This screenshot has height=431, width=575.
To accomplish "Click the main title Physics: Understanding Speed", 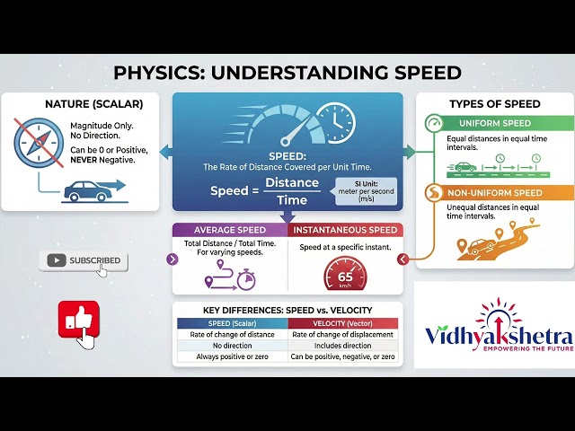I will [x=287, y=73].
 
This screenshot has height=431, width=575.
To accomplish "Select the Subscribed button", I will [x=84, y=260].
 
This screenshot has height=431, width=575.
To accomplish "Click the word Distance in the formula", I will [x=292, y=183].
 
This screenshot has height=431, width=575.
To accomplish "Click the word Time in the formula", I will [x=292, y=199].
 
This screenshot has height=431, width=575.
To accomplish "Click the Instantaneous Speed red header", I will [x=345, y=230].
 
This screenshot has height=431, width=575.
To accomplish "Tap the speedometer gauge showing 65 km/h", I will [x=344, y=276].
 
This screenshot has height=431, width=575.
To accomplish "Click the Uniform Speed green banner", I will [x=491, y=123].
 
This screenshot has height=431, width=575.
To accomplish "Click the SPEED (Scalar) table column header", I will [x=230, y=323].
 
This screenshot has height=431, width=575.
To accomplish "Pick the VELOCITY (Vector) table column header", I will [x=342, y=323].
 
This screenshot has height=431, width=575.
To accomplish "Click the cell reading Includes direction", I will [x=342, y=346].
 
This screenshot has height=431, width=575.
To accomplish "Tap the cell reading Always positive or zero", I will [x=230, y=356].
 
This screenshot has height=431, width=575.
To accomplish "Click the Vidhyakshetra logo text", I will [x=493, y=338].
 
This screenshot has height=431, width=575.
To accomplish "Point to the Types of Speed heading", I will [x=494, y=103].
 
